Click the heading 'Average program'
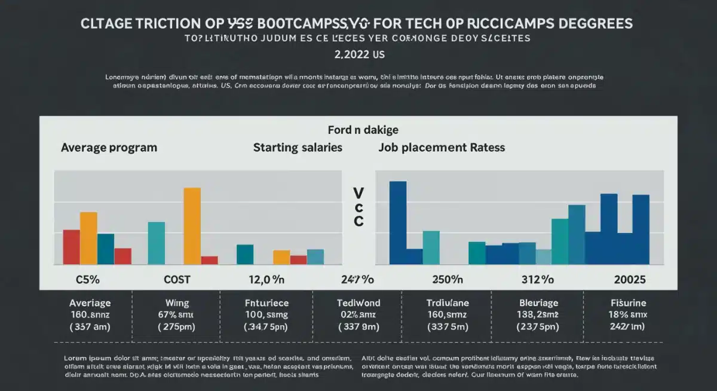pyautogui.click(x=109, y=147)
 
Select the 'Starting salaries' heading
pyautogui.click(x=298, y=147)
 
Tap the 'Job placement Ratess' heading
pyautogui.click(x=442, y=147)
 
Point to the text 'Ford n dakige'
pyautogui.click(x=363, y=130)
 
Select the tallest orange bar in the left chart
pyautogui.click(x=192, y=225)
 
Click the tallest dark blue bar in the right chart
pyautogui.click(x=397, y=222)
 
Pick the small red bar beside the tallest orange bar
pyautogui.click(x=209, y=260)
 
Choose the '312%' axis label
pyautogui.click(x=539, y=279)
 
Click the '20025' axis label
pyautogui.click(x=630, y=279)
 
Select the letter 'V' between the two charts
pyautogui.click(x=358, y=193)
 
